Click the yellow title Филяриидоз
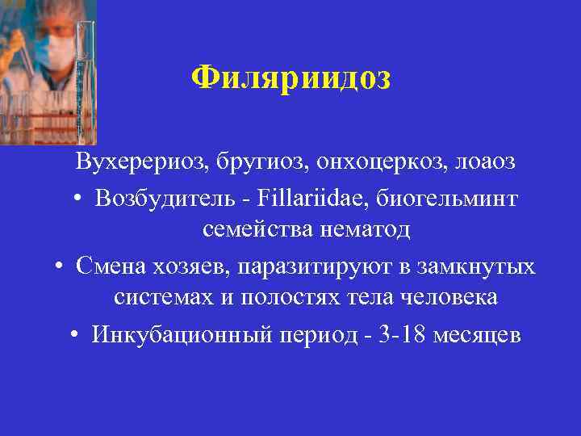click(x=290, y=78)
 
